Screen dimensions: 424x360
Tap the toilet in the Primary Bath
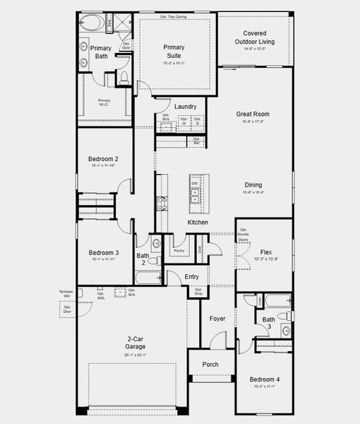124,77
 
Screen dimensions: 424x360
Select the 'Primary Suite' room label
174,51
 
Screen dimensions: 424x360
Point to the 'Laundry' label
185,107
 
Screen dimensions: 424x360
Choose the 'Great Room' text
253,114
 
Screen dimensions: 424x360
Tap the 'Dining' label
253,185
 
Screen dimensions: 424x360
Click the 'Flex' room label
265,252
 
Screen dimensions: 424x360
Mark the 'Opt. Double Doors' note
244,235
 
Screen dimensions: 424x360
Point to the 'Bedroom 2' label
103,159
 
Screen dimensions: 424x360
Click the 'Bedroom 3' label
103,252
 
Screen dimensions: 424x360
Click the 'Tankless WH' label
66,293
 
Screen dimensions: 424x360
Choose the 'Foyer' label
217,319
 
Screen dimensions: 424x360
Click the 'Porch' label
210,365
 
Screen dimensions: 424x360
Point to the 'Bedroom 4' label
265,379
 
